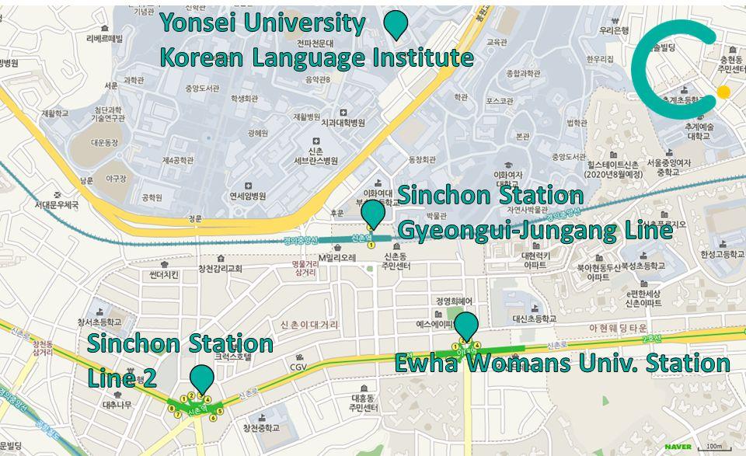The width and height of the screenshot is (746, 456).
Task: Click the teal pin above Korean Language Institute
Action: tap(397, 23)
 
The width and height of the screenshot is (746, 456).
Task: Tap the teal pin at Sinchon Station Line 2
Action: tap(202, 378)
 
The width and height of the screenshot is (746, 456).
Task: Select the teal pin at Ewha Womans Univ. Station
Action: tap(465, 325)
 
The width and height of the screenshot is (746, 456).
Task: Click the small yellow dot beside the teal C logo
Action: tap(723, 92)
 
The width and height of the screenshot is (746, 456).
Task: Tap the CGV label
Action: tap(298, 367)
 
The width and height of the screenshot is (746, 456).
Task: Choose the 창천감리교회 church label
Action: tap(220, 269)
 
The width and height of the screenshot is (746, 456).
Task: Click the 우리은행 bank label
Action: tap(614, 30)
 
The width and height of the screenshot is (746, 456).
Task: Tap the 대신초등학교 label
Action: tap(534, 319)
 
